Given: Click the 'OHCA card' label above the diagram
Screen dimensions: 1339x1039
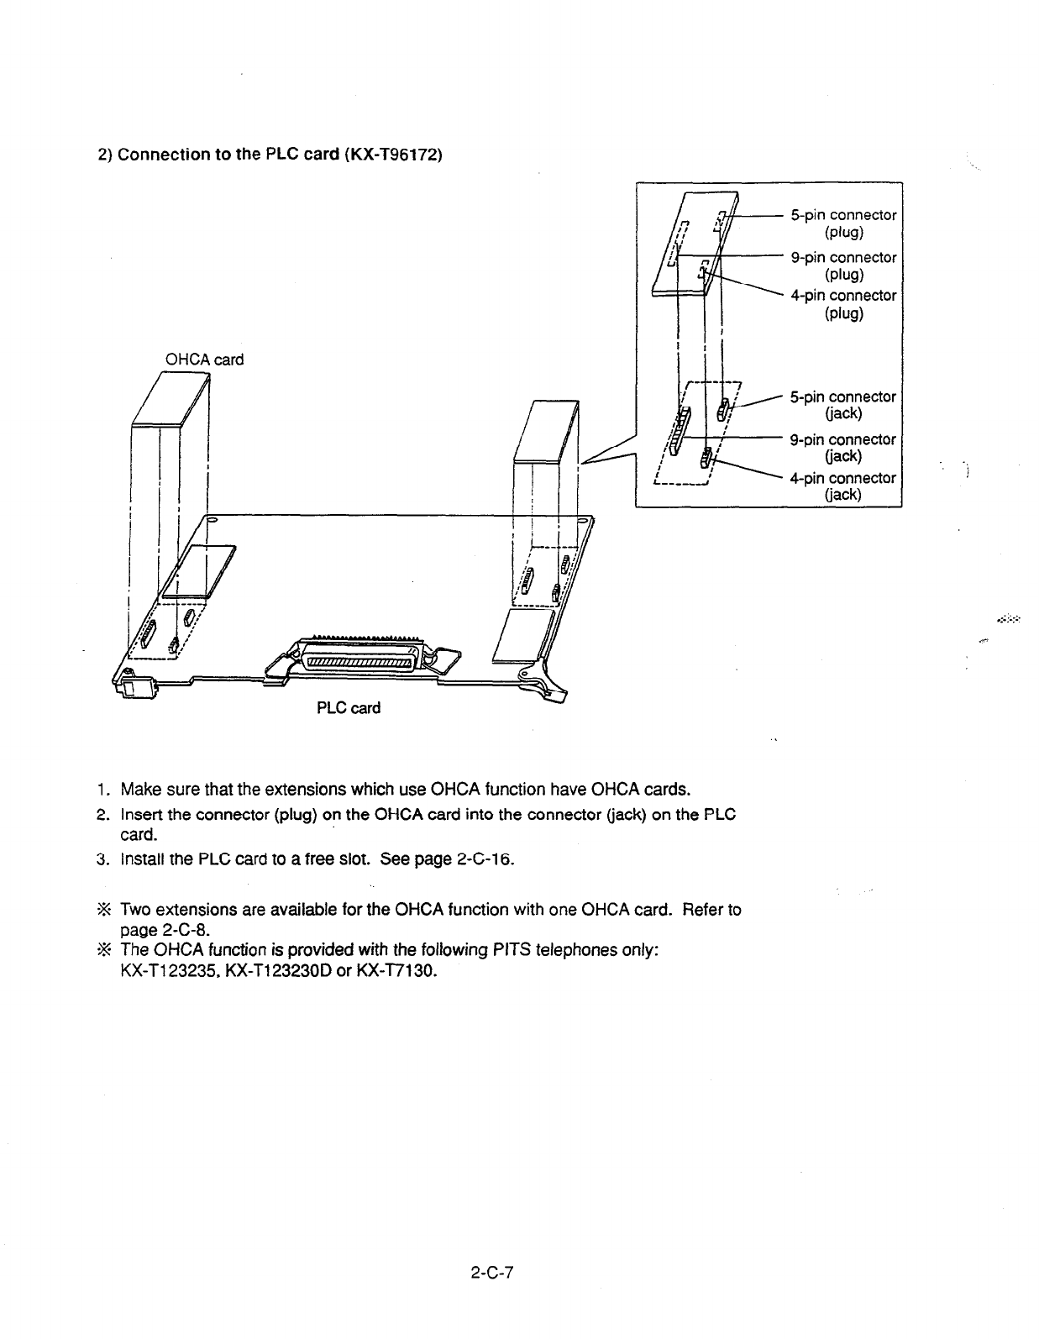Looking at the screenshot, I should [x=204, y=360].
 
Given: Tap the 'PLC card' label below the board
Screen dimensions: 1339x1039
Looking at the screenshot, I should [x=348, y=708].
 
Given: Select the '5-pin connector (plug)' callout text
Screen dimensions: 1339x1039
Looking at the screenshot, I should [x=843, y=223].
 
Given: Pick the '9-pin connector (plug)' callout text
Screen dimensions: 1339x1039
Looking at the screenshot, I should [x=843, y=265].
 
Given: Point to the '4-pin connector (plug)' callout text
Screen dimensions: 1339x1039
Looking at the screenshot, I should [x=843, y=304].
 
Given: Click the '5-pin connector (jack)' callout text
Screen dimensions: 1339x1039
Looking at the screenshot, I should [x=843, y=405].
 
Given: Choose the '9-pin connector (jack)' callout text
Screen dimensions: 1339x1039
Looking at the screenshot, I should [x=843, y=448].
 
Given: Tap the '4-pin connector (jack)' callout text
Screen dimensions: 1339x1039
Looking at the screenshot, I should [x=843, y=486].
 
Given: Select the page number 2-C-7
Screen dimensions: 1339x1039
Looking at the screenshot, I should [x=491, y=1273].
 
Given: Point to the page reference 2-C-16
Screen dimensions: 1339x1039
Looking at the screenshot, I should [x=480, y=860].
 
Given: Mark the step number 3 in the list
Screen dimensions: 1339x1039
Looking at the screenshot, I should [x=99, y=860].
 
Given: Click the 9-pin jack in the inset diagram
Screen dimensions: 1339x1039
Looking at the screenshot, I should [x=680, y=424].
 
